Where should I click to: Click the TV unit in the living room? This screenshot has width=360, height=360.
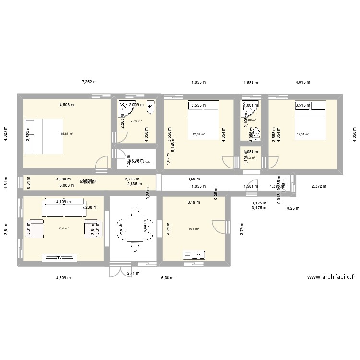(60, 258)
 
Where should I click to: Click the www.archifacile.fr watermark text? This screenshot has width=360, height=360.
(331, 277)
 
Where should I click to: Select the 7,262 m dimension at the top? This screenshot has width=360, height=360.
(89, 82)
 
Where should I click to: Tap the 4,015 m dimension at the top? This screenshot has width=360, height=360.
(302, 82)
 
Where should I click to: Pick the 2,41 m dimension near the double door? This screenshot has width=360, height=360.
(133, 273)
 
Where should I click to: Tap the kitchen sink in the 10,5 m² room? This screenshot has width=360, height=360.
(194, 254)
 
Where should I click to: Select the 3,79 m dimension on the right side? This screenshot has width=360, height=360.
(243, 228)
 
